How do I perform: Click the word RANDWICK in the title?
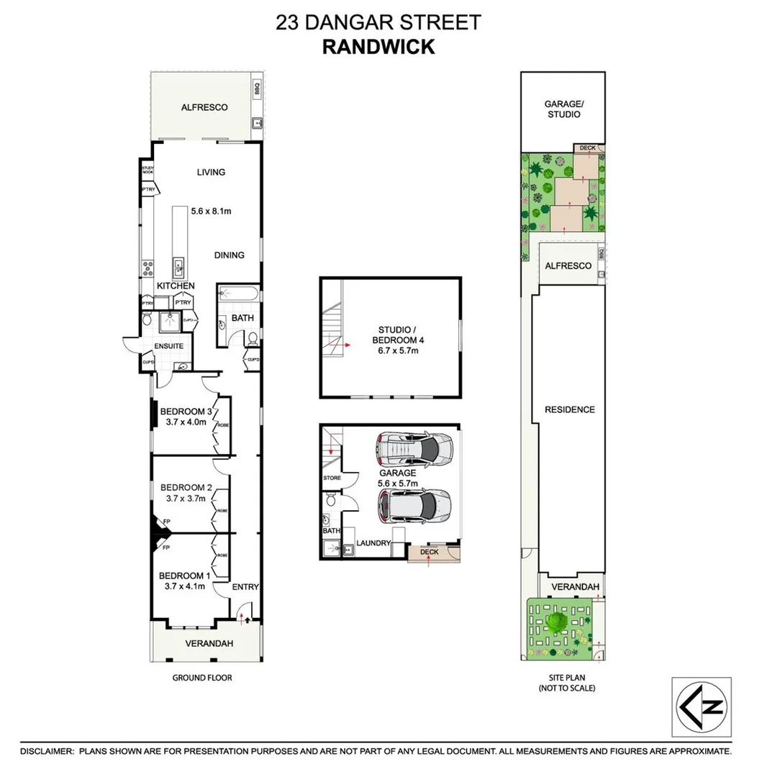click(x=378, y=47)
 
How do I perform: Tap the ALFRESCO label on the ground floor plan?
click(x=204, y=107)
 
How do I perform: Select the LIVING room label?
click(x=211, y=172)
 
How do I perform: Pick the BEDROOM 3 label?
click(x=186, y=412)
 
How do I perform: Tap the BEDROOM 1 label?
click(x=185, y=576)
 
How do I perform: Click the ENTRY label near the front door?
click(x=245, y=587)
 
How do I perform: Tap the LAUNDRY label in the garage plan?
click(x=373, y=543)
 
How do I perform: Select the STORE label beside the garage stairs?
click(x=331, y=478)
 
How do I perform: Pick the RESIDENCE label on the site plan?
click(x=569, y=409)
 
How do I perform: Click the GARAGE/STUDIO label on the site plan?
click(x=563, y=109)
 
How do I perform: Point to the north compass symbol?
click(x=701, y=706)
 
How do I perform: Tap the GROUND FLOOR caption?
click(x=202, y=678)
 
